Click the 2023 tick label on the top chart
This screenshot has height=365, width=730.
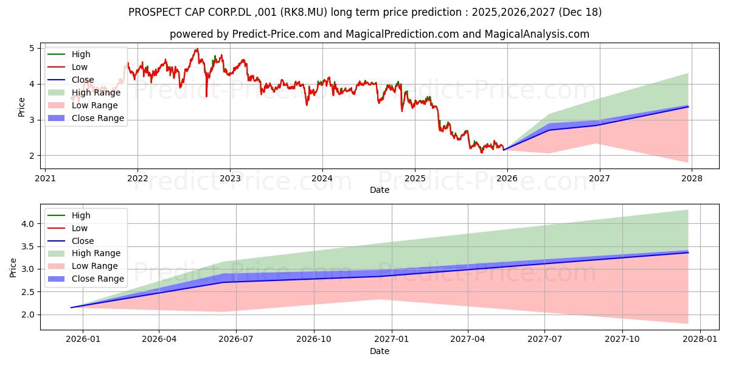click(230, 178)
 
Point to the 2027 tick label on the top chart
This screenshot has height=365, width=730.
click(600, 178)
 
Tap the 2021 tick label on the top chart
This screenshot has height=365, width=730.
click(45, 178)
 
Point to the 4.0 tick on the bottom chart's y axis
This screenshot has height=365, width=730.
click(27, 224)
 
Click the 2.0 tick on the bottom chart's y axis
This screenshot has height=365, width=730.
click(27, 315)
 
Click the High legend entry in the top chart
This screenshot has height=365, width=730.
click(80, 54)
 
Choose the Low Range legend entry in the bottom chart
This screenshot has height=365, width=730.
click(94, 266)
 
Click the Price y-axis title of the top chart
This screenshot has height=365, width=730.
click(22, 107)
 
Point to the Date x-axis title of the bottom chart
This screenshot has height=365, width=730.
click(380, 351)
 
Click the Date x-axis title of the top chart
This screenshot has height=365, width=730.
click(380, 190)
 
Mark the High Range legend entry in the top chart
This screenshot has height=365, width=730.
click(96, 92)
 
